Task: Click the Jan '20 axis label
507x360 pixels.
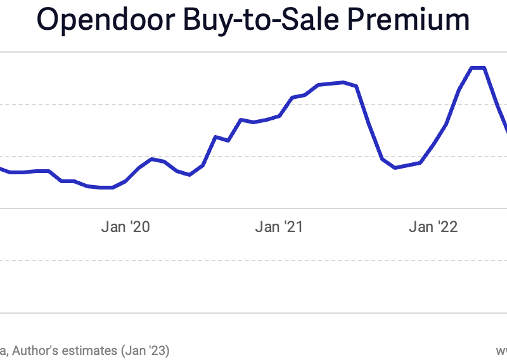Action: [125, 227]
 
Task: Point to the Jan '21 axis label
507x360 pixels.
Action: [279, 227]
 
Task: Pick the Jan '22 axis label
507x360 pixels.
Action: [433, 227]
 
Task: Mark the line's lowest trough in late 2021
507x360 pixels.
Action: [395, 167]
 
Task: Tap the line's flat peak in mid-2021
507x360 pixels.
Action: [343, 82]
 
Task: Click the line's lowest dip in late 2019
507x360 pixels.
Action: [106, 188]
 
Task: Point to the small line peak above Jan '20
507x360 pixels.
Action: [151, 158]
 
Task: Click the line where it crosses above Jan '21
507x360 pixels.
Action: [279, 116]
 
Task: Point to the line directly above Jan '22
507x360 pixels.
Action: [433, 144]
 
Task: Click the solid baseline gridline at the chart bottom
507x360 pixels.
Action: [253, 312]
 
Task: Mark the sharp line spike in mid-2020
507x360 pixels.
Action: [215, 136]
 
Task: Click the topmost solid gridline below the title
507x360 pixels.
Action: [253, 52]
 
